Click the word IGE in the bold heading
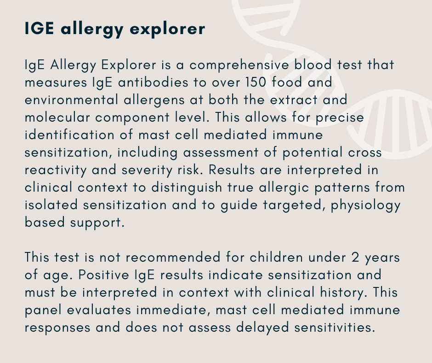pos(40,28)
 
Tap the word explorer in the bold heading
pos(167,30)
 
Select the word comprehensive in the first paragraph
pos(239,65)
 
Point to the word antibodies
pos(153,82)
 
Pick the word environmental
pos(71,100)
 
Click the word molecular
pos(57,117)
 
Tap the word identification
pos(69,135)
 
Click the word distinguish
pos(187,188)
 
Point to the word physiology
pos(366,205)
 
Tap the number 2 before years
pos(355,257)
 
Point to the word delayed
pos(262,328)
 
